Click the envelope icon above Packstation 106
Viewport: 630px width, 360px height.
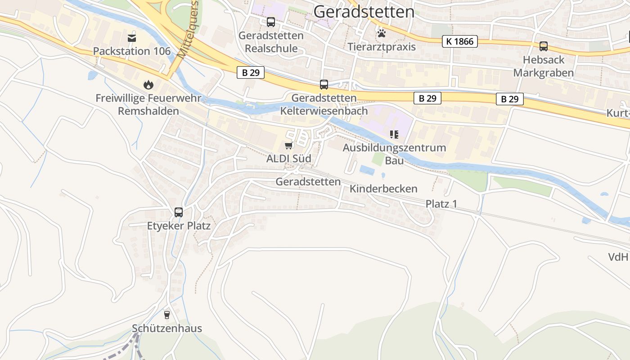(132, 38)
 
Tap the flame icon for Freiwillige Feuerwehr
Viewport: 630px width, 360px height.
(148, 85)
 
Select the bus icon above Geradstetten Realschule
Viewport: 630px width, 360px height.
(271, 22)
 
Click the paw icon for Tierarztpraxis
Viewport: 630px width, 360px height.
(382, 33)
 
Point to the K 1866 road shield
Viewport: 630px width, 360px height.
(459, 41)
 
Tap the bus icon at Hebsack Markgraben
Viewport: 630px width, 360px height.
(544, 46)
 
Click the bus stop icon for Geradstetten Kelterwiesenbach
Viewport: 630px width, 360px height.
(324, 84)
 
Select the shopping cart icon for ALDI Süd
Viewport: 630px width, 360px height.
(289, 145)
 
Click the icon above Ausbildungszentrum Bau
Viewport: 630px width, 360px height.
(394, 134)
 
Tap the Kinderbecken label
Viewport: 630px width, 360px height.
(383, 189)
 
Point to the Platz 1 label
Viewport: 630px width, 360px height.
(441, 204)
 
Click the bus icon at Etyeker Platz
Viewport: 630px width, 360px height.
(179, 212)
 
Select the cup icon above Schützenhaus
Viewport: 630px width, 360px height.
(167, 315)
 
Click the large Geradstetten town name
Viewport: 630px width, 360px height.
(364, 12)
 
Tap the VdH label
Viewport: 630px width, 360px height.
(618, 257)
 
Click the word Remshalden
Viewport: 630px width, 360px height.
(148, 111)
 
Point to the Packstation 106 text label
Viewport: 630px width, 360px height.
(132, 51)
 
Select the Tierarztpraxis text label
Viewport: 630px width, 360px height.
(382, 46)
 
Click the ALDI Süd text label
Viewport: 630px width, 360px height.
(288, 159)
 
